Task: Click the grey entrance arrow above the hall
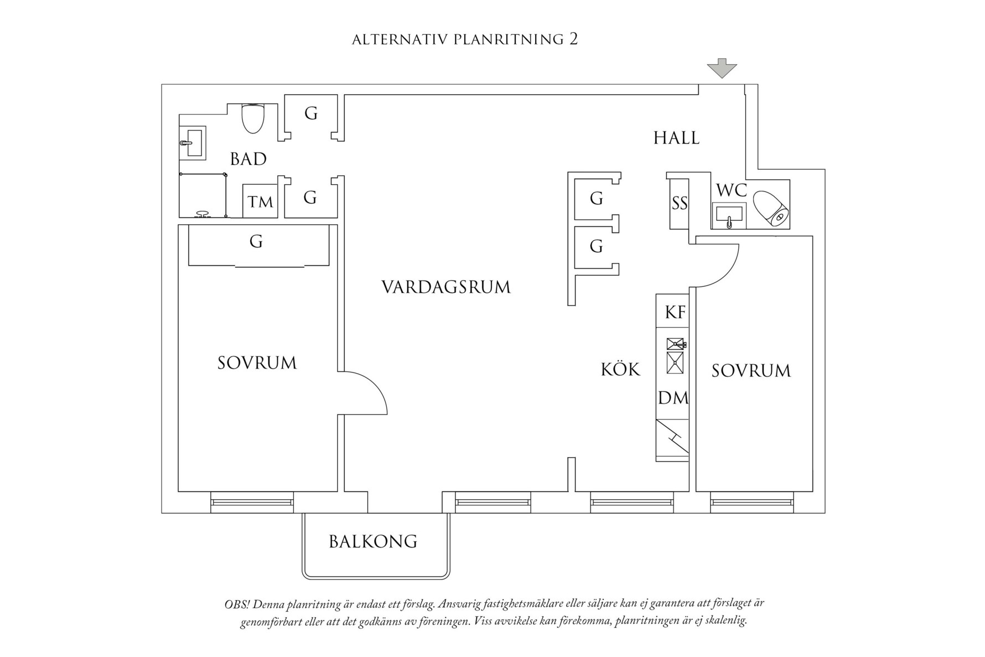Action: (722, 68)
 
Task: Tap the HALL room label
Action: (676, 138)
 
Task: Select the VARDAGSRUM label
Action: (446, 287)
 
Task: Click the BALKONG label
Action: (373, 541)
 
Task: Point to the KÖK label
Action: (620, 369)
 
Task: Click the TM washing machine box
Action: (260, 201)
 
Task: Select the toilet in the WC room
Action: (771, 209)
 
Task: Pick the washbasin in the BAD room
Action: (193, 143)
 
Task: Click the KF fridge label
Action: (675, 312)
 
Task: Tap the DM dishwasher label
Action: (673, 397)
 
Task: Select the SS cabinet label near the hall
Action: (680, 204)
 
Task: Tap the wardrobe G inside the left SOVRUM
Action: (256, 242)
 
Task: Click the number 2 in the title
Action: (573, 39)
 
